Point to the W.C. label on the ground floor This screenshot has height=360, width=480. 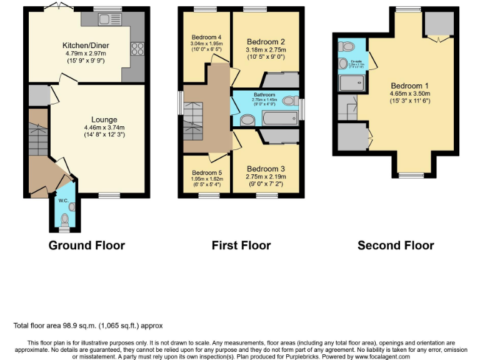[x=63, y=201]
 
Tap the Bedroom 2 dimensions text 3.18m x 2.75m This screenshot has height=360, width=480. [x=266, y=50]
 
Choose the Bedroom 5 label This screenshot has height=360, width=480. [x=206, y=172]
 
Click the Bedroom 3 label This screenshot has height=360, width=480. [x=266, y=169]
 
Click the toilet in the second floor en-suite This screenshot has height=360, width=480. [x=346, y=46]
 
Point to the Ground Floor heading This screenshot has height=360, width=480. [x=87, y=246]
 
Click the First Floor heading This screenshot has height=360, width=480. [x=241, y=246]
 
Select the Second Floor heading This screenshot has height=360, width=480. [x=396, y=246]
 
